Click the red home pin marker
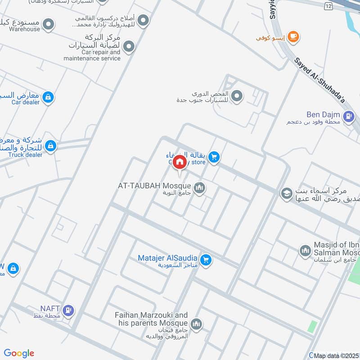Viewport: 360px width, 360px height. [x=180, y=162]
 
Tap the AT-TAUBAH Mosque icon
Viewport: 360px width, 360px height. [x=199, y=187]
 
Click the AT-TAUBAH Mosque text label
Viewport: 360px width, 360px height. [x=155, y=185]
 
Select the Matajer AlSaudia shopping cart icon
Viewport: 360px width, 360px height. [x=206, y=260]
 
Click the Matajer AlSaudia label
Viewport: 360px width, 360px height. [x=168, y=258]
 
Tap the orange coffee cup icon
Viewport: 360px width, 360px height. [x=293, y=37]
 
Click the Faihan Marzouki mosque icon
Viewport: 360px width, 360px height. [x=196, y=323]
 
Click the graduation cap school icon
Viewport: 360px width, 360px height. [x=285, y=194]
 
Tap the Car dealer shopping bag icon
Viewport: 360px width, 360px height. [x=48, y=97]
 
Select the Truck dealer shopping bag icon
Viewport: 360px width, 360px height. [x=51, y=146]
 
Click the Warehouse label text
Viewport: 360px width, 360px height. [x=26, y=29]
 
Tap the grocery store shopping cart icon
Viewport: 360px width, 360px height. [x=214, y=157]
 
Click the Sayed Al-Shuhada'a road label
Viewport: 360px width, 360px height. [x=319, y=81]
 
